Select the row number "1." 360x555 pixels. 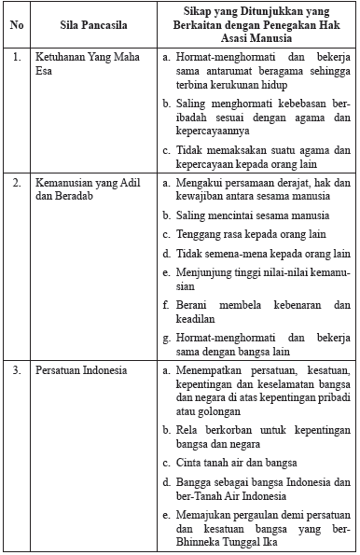(x=17, y=58)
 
